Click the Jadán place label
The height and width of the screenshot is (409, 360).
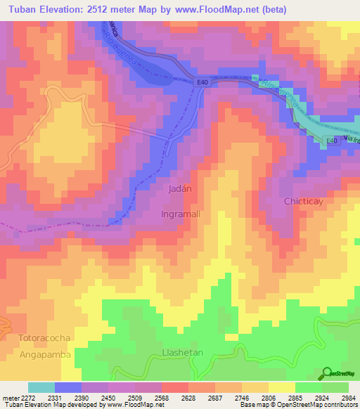coord(181,189)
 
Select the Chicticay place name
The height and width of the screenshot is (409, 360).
coord(303,202)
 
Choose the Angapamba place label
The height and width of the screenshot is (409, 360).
coord(45,355)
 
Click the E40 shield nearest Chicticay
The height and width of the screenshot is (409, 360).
coord(331,141)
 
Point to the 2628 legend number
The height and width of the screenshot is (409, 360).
coord(179,396)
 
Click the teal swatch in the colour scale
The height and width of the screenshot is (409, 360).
coord(41,387)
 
